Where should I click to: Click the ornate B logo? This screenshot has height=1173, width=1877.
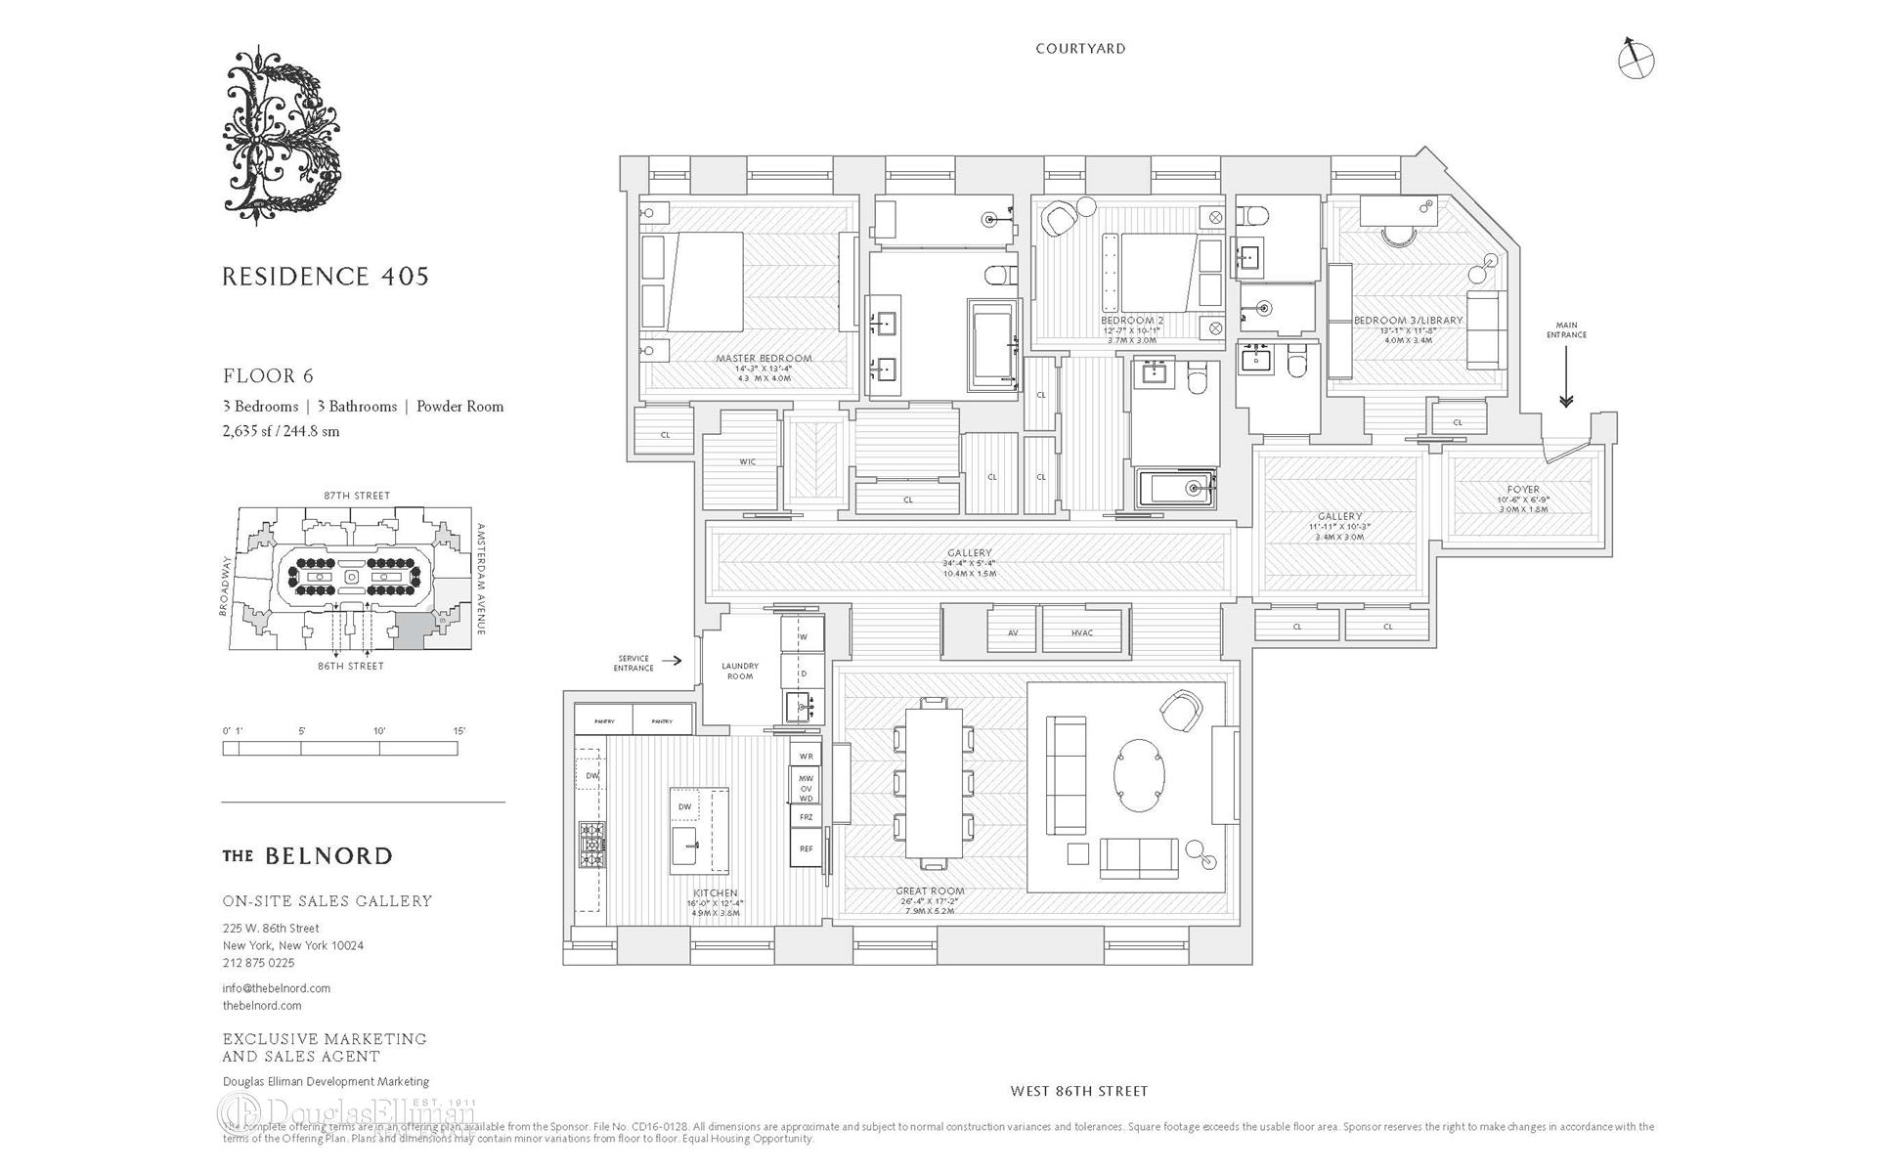282,135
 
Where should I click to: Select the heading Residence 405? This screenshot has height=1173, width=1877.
326,277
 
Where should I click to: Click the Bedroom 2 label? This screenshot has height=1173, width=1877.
1132,321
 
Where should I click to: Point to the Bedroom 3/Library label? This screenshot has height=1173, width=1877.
1408,321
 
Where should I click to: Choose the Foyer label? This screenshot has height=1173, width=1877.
1522,490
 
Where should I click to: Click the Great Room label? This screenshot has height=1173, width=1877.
930,891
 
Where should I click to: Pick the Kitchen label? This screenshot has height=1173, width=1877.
716,893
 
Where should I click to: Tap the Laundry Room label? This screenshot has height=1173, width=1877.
740,671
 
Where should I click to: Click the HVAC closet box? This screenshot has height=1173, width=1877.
1081,632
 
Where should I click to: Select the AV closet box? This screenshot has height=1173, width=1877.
1013,632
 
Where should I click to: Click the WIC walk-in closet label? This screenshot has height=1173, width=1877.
747,462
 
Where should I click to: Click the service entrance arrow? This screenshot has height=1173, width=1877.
672,661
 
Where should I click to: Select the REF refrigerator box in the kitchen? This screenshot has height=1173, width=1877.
806,848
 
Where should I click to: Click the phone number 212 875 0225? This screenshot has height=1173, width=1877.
258,963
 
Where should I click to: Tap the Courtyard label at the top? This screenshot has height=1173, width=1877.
1080,49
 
